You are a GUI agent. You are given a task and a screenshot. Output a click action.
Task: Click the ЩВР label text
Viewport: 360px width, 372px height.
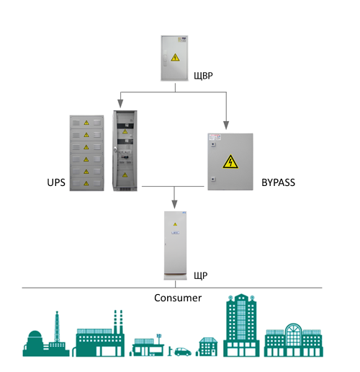tap(203, 76)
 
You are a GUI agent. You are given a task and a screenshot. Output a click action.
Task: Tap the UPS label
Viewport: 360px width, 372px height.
tap(56, 182)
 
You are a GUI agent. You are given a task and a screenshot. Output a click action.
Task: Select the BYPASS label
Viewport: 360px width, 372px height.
tap(278, 182)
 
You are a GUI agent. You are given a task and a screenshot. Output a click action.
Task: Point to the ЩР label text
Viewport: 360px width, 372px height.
tap(201, 275)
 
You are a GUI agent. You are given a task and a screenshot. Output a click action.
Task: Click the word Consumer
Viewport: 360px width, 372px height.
tap(178, 298)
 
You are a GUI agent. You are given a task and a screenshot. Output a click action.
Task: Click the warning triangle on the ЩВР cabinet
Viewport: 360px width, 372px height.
tap(175, 58)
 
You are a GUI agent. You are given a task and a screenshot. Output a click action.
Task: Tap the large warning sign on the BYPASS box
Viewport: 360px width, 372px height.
tap(230, 161)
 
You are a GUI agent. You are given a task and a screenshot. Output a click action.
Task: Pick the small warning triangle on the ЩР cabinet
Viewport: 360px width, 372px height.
tap(175, 224)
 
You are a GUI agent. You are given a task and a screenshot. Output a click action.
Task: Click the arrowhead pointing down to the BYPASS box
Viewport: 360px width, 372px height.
tap(226, 125)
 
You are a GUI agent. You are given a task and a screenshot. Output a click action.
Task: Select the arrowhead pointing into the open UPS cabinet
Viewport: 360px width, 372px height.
tap(120, 104)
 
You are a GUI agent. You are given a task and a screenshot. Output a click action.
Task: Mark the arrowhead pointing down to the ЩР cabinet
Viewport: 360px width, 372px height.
tap(174, 204)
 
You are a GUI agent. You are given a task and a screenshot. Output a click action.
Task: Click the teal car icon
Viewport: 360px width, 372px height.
tap(183, 352)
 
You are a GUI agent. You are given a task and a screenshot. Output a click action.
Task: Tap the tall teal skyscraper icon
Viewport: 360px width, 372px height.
tap(241, 325)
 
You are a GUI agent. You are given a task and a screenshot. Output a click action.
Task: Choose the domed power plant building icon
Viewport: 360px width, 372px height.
tap(35, 343)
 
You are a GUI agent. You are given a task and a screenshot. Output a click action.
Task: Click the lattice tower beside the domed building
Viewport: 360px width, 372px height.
tap(57, 327)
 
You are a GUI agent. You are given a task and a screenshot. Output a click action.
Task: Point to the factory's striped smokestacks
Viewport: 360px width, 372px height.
tap(118, 322)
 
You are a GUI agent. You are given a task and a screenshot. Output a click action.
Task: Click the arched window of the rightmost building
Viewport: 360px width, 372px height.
tap(294, 333)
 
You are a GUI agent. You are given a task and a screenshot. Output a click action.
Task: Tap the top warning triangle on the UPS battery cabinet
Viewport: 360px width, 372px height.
tap(86, 123)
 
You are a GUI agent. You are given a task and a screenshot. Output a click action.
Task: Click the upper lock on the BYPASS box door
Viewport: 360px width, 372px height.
tap(213, 144)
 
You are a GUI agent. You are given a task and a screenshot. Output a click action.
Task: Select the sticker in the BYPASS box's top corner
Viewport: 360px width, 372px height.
tap(215, 137)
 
